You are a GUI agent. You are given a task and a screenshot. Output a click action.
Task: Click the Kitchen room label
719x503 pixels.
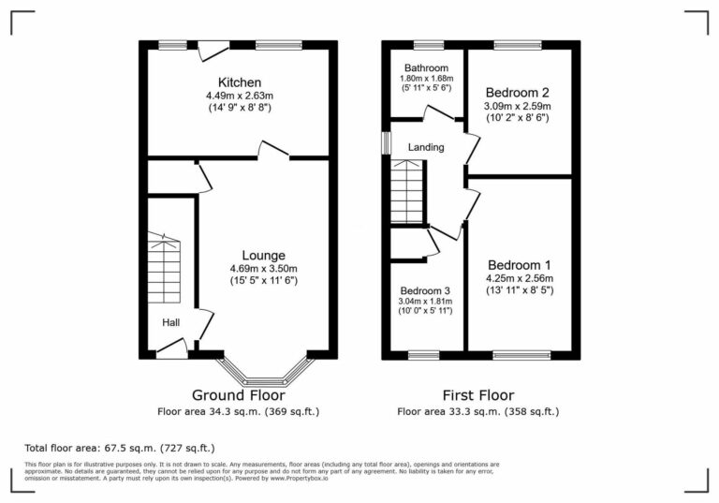point(240,82)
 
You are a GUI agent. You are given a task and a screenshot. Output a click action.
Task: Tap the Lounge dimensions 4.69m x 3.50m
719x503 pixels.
point(264,268)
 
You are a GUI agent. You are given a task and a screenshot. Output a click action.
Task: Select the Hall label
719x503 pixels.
point(171,322)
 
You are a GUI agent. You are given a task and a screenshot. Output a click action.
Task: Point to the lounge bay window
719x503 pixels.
point(265,374)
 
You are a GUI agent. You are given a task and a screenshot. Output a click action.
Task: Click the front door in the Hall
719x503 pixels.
point(170,351)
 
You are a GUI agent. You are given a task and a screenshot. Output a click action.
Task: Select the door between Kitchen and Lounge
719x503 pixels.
point(274,151)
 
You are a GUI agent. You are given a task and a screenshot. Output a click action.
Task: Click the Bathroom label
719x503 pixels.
point(426,68)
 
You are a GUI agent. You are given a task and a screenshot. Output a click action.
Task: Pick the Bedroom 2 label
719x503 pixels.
point(517,92)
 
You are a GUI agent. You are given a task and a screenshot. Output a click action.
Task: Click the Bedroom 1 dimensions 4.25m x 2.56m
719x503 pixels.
point(520,277)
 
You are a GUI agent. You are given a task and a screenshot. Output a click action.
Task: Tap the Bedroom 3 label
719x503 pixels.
point(425,290)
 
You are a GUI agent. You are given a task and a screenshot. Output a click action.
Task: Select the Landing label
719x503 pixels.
point(425,147)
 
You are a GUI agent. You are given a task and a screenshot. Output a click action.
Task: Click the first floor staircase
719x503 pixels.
point(406,191)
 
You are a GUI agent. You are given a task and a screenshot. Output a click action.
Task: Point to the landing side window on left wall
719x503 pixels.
point(385,141)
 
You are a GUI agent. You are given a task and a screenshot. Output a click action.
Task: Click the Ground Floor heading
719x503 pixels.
point(239,394)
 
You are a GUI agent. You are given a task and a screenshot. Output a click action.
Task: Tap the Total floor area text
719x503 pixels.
point(120,448)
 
